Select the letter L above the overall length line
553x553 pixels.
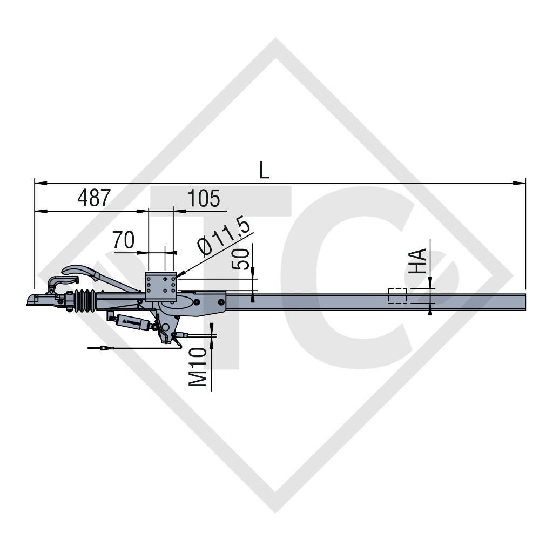[264, 170]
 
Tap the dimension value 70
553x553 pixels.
[123, 239]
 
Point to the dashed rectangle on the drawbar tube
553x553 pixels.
[397, 296]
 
